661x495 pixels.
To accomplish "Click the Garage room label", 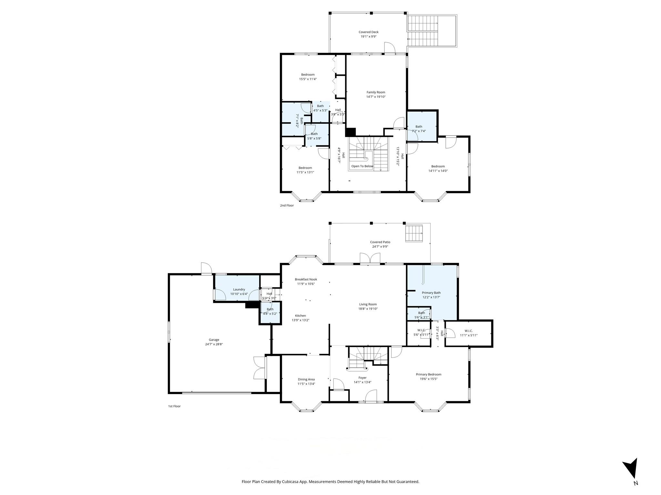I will coord(214,340).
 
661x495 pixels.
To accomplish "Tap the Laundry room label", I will coord(239,289).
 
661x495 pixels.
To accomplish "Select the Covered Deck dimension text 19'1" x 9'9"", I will coord(368,36).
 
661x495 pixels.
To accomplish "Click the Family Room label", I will coord(376,92).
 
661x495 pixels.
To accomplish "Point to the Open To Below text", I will coord(362,166).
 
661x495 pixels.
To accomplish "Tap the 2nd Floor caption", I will coord(287,205).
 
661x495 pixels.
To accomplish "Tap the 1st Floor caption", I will coord(174,406).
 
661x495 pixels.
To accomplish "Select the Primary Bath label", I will coord(431,293).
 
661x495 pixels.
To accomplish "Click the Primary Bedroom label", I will coord(428,374).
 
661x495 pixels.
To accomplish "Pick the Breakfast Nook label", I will coord(306,279).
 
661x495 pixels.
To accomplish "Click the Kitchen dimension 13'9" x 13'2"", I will coord(300,320).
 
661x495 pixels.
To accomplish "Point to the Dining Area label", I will coord(306,379).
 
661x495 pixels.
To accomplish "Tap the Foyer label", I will coord(362,378).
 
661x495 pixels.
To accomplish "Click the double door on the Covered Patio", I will coord(370,259).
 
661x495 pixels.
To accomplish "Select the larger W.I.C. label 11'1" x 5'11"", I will coord(468,335).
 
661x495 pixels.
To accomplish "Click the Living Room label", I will coord(368,304).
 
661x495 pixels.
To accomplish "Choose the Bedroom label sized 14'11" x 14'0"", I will coord(438,171).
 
